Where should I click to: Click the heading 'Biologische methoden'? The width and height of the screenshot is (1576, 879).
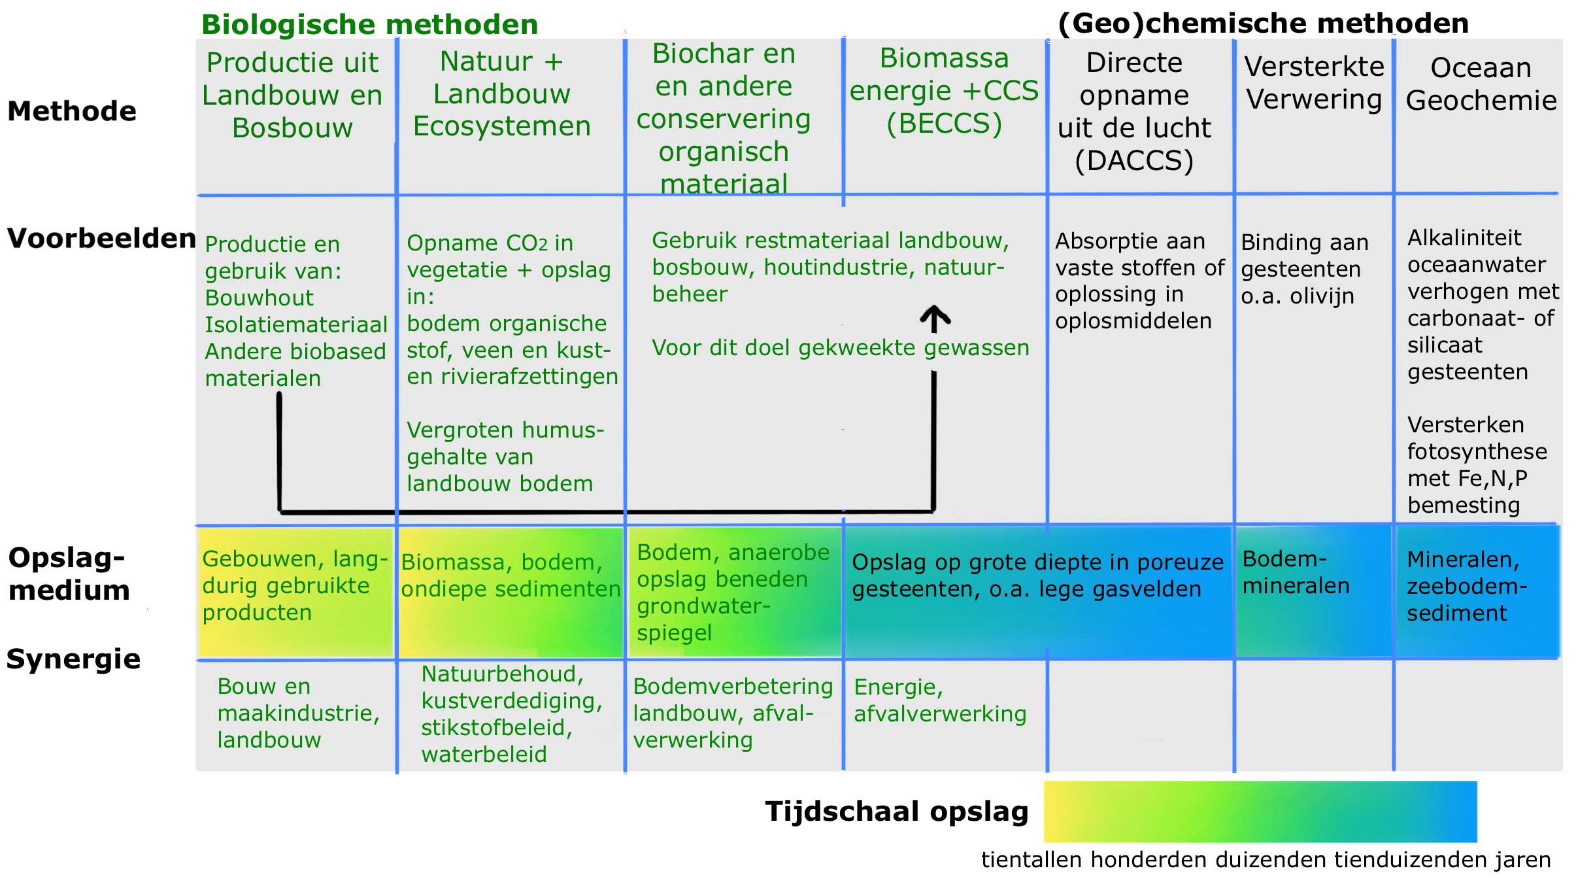[x=369, y=25]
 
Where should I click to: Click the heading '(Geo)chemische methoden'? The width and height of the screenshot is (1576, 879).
[x=1263, y=24]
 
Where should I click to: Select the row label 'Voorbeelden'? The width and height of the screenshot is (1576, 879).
[x=101, y=239]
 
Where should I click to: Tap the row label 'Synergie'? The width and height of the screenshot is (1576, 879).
[x=73, y=659]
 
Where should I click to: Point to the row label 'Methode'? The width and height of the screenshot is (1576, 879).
[x=72, y=111]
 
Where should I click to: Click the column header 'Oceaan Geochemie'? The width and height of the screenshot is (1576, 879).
[x=1481, y=84]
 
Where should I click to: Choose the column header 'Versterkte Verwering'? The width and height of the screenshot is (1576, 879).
[x=1314, y=83]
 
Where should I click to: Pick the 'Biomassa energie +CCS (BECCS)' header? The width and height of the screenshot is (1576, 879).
[x=944, y=91]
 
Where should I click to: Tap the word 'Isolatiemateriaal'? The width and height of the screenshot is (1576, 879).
[x=296, y=324]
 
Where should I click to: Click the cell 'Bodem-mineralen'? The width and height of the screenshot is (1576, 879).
[x=1296, y=572]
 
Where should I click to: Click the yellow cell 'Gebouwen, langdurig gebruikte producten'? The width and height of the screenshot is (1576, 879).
[x=295, y=586]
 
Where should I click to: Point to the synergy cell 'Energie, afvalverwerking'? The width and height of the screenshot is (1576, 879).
[x=940, y=700]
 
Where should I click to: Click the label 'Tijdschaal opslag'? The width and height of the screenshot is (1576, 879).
[x=897, y=812]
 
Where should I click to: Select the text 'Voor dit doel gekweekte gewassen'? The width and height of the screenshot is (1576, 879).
[x=841, y=348]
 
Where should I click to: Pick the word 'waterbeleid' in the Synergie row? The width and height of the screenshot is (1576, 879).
[x=484, y=755]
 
